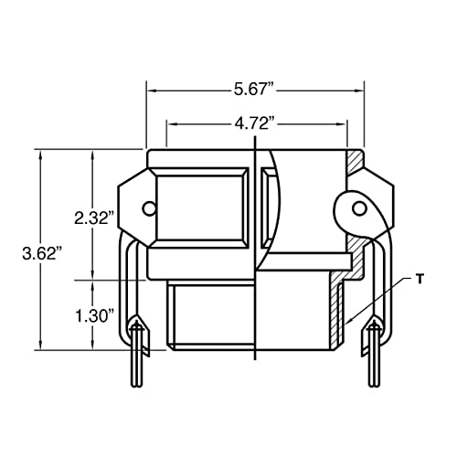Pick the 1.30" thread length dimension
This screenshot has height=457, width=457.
coord(93,315)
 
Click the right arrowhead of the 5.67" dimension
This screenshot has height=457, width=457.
coord(358,91)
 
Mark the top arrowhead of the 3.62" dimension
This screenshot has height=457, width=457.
coord(40,155)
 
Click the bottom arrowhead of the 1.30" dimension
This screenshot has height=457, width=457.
coord(93,345)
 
